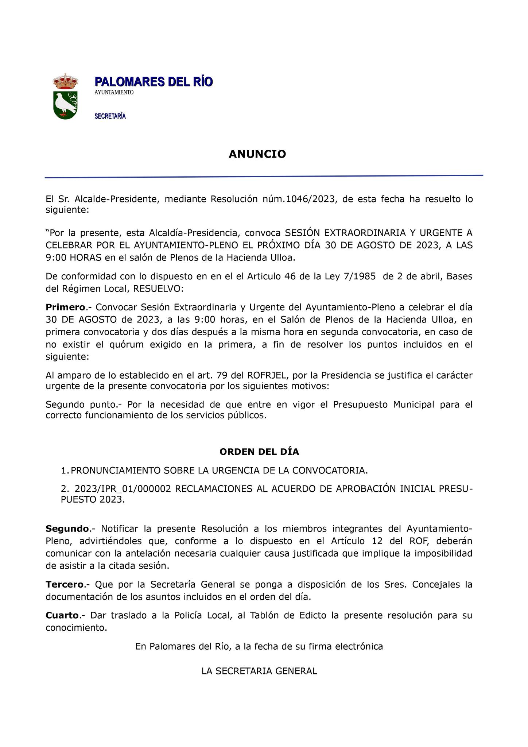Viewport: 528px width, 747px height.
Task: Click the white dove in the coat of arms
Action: coord(65,104)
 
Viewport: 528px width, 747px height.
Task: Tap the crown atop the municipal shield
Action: coord(65,81)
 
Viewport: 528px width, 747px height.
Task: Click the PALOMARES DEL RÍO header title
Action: coord(154,82)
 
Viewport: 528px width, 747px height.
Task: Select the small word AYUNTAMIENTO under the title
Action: coord(114,93)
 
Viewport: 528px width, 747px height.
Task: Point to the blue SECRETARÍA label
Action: coord(110,116)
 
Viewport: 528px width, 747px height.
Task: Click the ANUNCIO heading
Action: coord(257,154)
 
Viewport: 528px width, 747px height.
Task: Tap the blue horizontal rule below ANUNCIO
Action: coord(264,177)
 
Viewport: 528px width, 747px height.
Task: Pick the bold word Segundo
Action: coord(67,529)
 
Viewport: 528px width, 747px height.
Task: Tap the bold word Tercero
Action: coord(65,585)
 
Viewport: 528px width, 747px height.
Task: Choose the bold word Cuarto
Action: coord(62,615)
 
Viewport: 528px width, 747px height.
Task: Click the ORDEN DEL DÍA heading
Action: coord(259,452)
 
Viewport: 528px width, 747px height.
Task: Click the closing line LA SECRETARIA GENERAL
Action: coord(259,671)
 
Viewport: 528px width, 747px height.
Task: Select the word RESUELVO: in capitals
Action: coord(159,289)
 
